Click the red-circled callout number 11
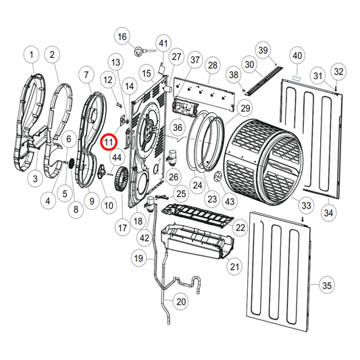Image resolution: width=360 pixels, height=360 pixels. (109, 143)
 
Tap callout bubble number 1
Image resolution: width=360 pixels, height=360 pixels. (30, 53)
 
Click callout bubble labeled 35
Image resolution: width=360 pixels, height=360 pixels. (327, 286)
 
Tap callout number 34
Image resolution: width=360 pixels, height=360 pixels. (328, 213)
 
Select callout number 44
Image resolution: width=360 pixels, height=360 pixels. (116, 157)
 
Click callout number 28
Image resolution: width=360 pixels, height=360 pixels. (213, 66)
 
